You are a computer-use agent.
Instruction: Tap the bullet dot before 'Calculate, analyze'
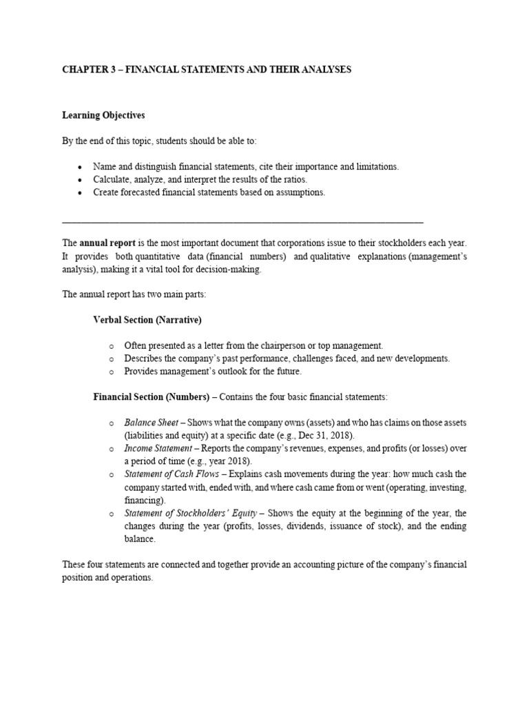point(81,180)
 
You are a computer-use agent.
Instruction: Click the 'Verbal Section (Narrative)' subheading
point(147,320)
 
